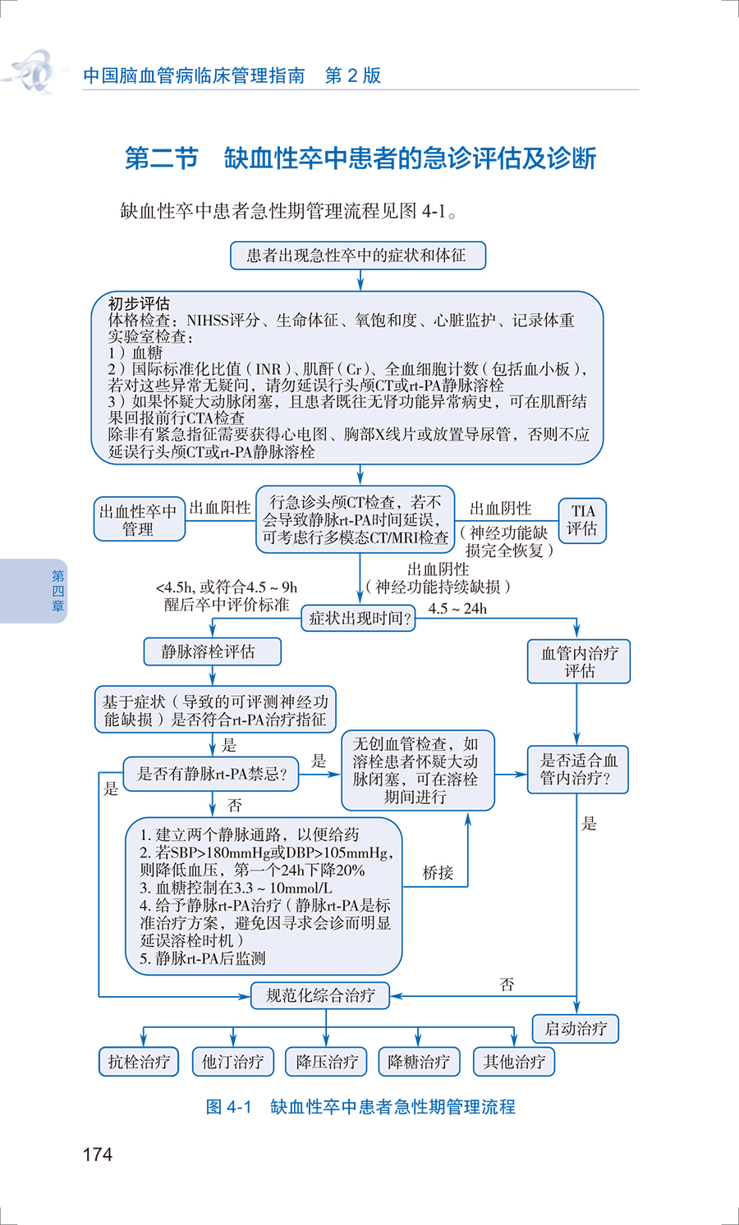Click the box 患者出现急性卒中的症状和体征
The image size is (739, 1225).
(357, 255)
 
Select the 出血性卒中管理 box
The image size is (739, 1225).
(139, 520)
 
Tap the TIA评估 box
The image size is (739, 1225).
(582, 520)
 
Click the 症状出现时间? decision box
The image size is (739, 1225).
(359, 619)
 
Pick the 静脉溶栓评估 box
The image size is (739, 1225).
(212, 651)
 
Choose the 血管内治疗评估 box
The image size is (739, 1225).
(579, 661)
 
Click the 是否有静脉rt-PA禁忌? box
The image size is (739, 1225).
(211, 774)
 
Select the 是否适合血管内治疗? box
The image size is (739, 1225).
(577, 770)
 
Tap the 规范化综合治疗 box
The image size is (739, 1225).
(319, 995)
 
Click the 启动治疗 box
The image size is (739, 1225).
(576, 1028)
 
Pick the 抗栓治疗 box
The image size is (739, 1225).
(139, 1062)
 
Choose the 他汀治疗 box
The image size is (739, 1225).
(232, 1062)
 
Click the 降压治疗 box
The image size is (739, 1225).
(327, 1062)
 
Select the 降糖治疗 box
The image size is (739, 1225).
(419, 1062)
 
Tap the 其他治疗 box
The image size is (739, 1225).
(514, 1062)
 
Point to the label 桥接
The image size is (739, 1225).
(438, 873)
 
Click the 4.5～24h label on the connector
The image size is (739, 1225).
(457, 609)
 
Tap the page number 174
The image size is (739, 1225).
(97, 1154)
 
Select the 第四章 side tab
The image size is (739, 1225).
(57, 591)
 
